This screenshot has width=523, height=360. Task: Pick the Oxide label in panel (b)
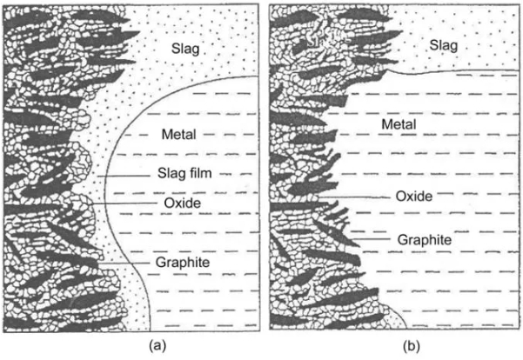coord(413,197)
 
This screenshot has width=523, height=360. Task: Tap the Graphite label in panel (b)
coord(423,237)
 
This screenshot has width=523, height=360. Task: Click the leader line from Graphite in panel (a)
coord(122,261)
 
